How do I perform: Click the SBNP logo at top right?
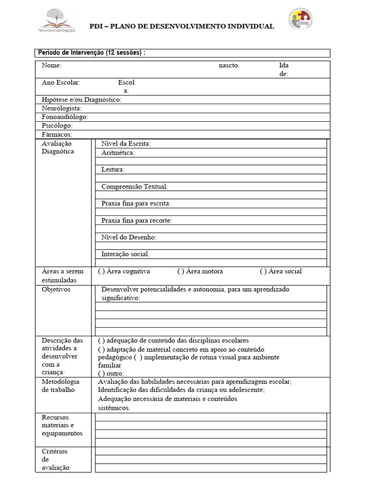(x=301, y=19)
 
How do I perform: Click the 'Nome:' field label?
(x=52, y=66)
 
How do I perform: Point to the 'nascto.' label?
(x=229, y=66)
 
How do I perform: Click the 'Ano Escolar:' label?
(x=61, y=82)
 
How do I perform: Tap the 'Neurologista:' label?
(x=62, y=108)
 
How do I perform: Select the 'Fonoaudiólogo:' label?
(x=65, y=117)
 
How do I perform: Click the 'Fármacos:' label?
(x=57, y=135)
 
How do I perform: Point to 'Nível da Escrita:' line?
(x=126, y=144)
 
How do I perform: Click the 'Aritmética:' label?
(x=118, y=153)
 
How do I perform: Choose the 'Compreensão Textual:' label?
(x=134, y=187)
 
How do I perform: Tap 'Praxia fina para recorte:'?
(x=137, y=221)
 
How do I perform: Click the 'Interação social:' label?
(x=125, y=254)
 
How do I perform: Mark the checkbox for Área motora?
(x=181, y=272)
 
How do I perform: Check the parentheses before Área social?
(x=263, y=272)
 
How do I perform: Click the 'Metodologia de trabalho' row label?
(x=60, y=386)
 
